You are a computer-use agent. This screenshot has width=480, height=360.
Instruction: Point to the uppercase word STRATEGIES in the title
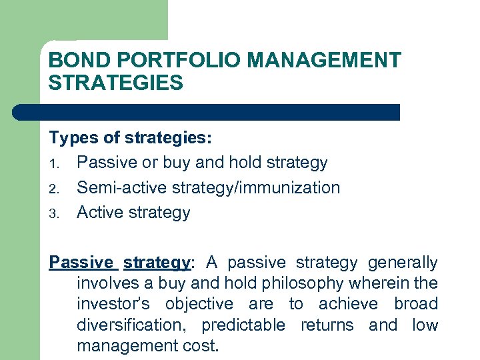(x=115, y=83)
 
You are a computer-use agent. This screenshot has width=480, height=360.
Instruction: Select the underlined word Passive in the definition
(x=82, y=263)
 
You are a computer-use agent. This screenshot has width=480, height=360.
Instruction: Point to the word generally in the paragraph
(x=403, y=263)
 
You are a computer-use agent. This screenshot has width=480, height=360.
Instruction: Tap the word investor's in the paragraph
(x=117, y=304)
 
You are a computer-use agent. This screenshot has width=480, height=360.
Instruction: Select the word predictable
(x=243, y=325)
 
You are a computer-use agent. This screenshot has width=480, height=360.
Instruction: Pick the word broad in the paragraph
(x=415, y=304)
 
